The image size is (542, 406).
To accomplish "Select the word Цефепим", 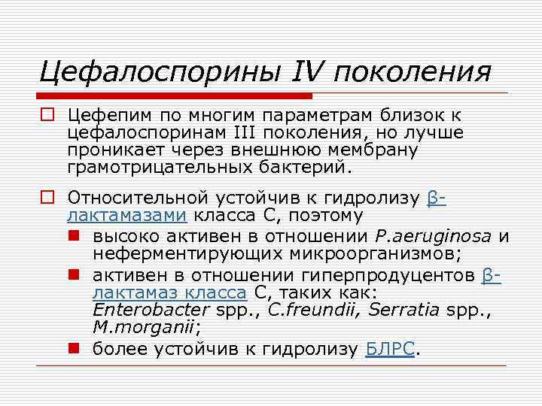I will tap(110, 116).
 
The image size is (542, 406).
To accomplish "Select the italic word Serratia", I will tap(399, 310).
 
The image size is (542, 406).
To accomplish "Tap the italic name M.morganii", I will tap(145, 327).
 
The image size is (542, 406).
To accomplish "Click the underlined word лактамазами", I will tap(127, 216).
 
